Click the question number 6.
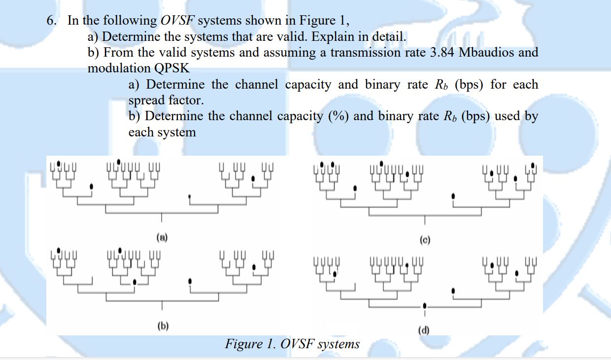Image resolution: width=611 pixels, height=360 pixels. click(x=51, y=21)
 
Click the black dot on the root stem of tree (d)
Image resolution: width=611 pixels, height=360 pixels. click(x=425, y=305)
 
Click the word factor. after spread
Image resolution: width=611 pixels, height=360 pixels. click(x=185, y=100)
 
